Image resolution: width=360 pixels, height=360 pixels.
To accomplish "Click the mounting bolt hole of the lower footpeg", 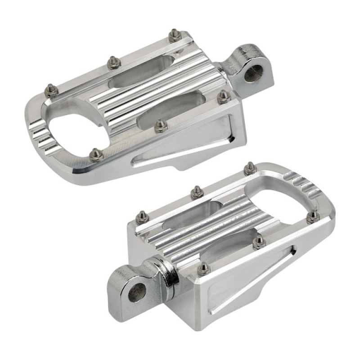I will click(138, 292).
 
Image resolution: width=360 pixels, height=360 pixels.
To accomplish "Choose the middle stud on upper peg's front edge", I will click(160, 126).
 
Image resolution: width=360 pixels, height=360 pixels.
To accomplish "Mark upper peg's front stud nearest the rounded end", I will click(95, 155).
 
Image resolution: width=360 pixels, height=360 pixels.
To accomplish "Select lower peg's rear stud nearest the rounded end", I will click(250, 168).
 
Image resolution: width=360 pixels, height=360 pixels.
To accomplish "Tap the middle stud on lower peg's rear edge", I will click(196, 192).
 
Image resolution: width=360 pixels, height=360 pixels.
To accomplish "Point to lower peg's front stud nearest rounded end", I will click(313, 216).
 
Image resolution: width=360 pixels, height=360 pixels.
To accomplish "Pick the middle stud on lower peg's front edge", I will click(259, 242).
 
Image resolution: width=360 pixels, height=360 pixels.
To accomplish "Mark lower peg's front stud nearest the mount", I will click(203, 267).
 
